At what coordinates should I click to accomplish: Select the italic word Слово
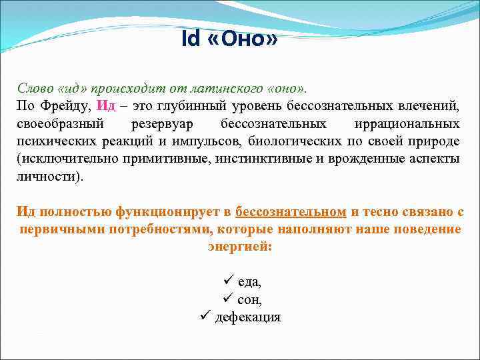(34, 89)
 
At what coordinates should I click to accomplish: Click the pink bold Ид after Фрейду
(107, 107)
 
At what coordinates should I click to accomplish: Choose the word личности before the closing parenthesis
(45, 176)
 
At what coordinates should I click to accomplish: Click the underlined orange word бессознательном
(291, 212)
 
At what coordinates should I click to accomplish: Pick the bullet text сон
(249, 300)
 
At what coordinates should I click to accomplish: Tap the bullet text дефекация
(247, 317)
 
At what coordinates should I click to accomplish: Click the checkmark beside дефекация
(205, 316)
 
